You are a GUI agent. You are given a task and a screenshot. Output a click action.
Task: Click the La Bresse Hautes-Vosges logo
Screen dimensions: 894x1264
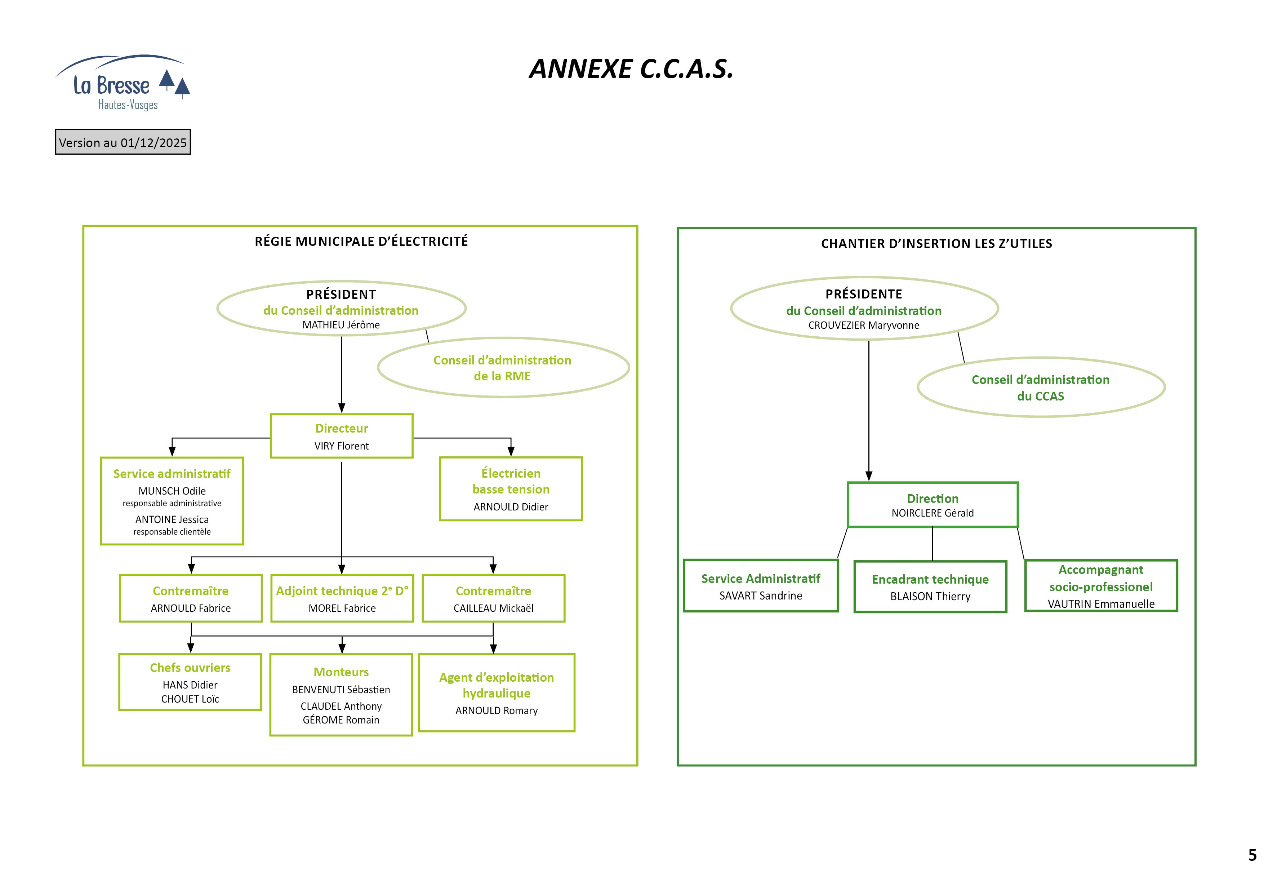point(122,83)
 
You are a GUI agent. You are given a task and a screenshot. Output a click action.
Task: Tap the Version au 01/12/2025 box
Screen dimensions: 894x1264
point(123,142)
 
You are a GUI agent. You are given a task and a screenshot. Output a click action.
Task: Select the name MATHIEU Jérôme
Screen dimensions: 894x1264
point(341,325)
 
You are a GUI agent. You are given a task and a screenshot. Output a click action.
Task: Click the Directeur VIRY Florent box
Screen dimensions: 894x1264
point(341,436)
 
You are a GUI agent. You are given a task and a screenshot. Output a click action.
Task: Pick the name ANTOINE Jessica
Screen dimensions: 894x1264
point(172,519)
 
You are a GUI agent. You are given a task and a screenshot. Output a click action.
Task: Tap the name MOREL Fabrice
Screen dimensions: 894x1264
point(342,608)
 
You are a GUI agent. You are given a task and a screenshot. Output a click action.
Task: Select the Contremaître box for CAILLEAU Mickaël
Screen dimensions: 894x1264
point(493,598)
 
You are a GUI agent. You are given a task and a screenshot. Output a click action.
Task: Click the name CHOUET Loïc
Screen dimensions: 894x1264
point(190,699)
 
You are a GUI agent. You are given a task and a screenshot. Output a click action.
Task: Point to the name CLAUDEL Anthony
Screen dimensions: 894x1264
point(341,706)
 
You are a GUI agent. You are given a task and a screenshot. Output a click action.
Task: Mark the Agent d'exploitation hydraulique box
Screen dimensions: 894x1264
point(497,693)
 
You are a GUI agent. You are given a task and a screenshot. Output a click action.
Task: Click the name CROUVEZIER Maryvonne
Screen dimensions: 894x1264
point(863,326)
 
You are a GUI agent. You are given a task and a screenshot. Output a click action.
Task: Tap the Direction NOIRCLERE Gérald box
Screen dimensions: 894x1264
point(933,505)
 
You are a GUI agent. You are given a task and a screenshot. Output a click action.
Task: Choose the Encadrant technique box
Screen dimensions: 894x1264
point(930,587)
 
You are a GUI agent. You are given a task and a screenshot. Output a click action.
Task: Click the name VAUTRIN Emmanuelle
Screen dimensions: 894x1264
point(1101,604)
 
